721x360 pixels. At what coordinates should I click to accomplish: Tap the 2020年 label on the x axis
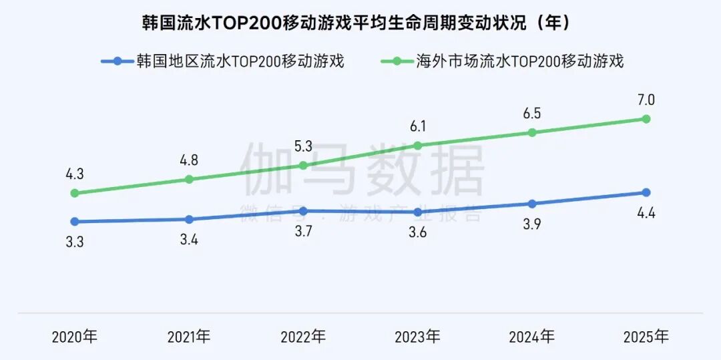click(x=74, y=336)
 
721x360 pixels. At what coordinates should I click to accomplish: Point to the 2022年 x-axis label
click(x=303, y=336)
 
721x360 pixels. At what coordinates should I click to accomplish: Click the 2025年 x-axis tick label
click(x=646, y=336)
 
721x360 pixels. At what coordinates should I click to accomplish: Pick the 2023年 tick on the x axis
click(x=417, y=336)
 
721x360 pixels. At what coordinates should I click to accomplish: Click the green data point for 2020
click(x=75, y=193)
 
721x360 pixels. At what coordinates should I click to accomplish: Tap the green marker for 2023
click(x=418, y=145)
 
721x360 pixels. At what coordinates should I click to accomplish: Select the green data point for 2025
click(x=646, y=119)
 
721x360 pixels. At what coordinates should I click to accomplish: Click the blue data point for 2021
click(x=189, y=219)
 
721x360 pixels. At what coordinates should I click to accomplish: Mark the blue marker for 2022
click(x=303, y=210)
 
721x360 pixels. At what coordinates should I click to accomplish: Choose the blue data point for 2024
click(x=532, y=204)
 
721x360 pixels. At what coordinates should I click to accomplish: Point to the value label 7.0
click(x=646, y=100)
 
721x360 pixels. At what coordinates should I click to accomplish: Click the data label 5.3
click(x=303, y=146)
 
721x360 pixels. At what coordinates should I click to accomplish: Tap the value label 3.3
click(x=75, y=242)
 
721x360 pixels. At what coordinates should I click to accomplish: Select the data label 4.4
click(x=646, y=214)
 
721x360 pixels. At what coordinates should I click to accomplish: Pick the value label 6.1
click(x=417, y=126)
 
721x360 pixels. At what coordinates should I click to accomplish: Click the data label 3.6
click(x=417, y=233)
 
